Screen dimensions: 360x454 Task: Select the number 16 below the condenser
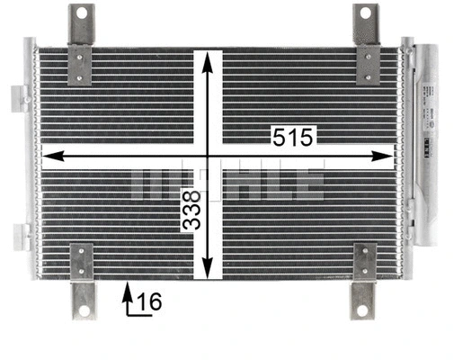point(150,303)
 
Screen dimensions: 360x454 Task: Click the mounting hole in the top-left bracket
point(82,13)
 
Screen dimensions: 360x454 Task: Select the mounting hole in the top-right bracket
point(366,13)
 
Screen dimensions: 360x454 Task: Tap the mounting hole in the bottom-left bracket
point(85,310)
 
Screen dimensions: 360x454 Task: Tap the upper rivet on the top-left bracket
point(82,56)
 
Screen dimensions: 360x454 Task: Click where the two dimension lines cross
point(208,157)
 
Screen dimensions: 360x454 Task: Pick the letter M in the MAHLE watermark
point(152,183)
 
